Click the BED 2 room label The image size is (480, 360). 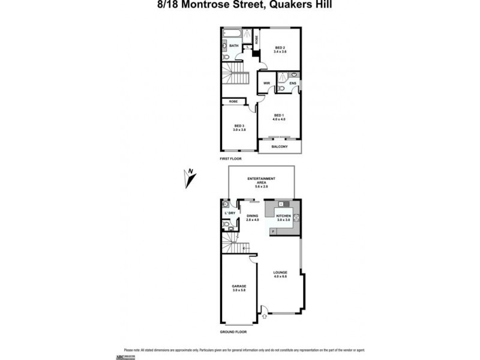click(280, 47)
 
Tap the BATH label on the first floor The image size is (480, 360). click(233, 46)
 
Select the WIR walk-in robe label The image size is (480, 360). click(266, 83)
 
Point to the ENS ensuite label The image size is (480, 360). click(292, 83)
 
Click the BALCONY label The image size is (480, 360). click(280, 146)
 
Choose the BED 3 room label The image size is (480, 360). click(239, 125)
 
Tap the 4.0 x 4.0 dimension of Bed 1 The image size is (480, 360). click(280, 119)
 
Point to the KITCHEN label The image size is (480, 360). click(284, 215)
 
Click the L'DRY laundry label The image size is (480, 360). click(229, 213)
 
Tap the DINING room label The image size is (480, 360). click(252, 217)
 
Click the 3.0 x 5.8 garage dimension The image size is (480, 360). click(239, 290)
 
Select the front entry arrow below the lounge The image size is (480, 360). click(265, 310)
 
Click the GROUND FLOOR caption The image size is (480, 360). click(233, 331)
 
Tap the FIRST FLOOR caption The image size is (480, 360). click(232, 160)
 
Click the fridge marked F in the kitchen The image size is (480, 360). click(273, 231)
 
